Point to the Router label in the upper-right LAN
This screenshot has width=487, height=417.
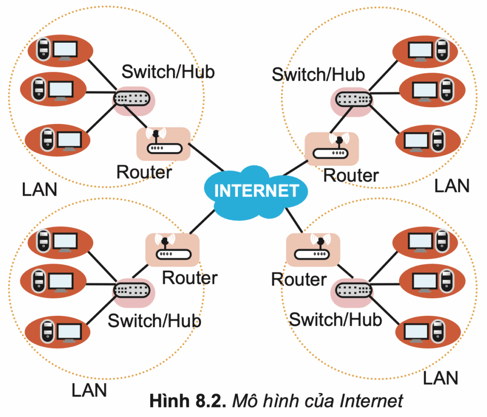351,175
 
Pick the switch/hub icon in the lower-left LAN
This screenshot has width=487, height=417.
134,290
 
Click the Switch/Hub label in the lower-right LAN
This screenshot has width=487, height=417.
335,319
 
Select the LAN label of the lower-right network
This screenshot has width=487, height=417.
440,379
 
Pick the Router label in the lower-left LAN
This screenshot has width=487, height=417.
190,277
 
